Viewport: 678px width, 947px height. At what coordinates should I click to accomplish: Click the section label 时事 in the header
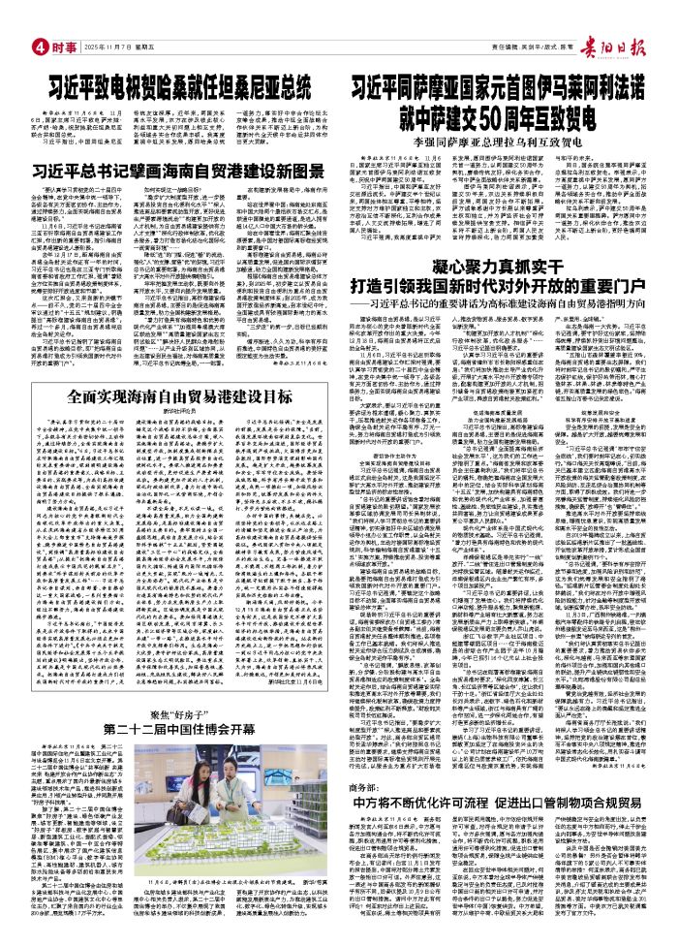(61, 18)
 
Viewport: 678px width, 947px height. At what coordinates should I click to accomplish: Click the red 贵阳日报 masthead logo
(608, 16)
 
